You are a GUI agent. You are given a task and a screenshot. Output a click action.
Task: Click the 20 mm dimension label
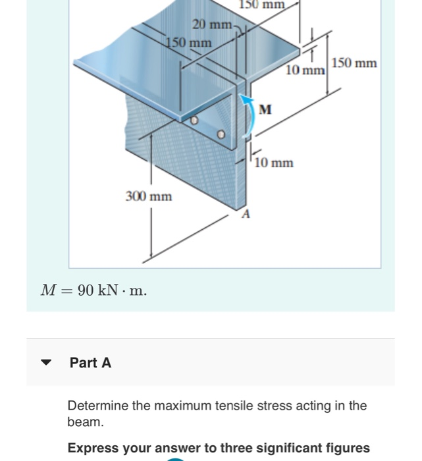coord(211,25)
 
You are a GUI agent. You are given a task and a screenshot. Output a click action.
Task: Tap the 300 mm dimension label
coord(149,196)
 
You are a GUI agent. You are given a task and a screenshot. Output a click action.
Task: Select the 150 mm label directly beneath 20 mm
coord(189,43)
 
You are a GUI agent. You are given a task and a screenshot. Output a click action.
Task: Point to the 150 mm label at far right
coord(354,63)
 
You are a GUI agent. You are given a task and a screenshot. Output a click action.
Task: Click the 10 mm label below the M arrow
coord(274,163)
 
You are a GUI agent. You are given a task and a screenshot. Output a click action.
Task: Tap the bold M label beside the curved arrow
coord(265,109)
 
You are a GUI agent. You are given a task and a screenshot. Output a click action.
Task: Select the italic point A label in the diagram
coord(246,214)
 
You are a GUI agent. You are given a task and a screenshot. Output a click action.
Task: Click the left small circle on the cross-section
coord(194,121)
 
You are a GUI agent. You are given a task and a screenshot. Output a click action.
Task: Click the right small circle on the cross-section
coord(222,134)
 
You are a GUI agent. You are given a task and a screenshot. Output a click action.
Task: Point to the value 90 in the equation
coord(86,291)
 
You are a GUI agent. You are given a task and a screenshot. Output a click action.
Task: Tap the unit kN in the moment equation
coord(109,291)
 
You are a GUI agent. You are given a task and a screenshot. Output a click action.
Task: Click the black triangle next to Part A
coord(46,363)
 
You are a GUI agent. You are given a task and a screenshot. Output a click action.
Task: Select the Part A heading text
coord(90,363)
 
